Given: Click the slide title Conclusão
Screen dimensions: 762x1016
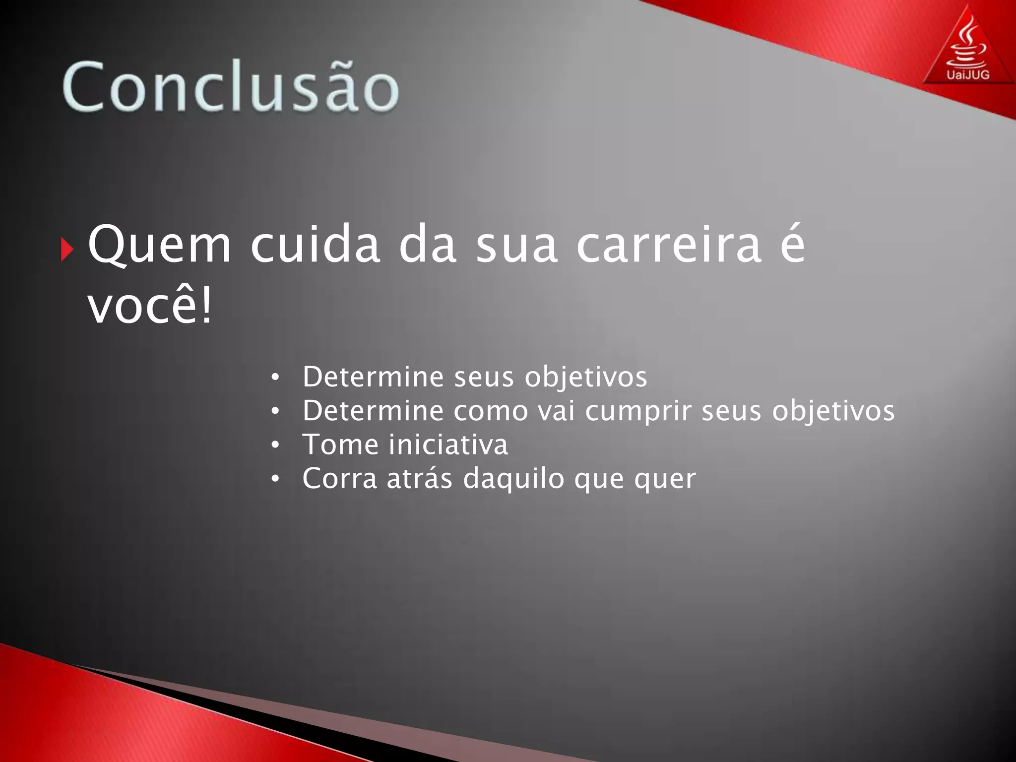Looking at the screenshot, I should point(231,87).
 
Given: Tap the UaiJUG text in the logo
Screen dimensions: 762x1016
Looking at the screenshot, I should point(968,75).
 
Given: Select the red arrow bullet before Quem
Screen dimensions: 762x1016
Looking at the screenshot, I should point(66,250).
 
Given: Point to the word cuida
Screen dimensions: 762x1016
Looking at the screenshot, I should point(316,244).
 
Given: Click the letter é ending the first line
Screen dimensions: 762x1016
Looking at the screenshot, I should point(792,243).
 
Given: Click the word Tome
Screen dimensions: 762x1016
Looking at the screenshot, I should point(340,444).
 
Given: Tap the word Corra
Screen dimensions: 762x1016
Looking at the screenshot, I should point(340,479).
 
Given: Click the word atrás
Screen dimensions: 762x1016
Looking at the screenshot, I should point(420,479).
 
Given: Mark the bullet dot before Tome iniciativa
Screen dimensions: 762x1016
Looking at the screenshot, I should point(276,445).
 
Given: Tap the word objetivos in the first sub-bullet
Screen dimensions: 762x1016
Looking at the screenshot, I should point(586,378).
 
